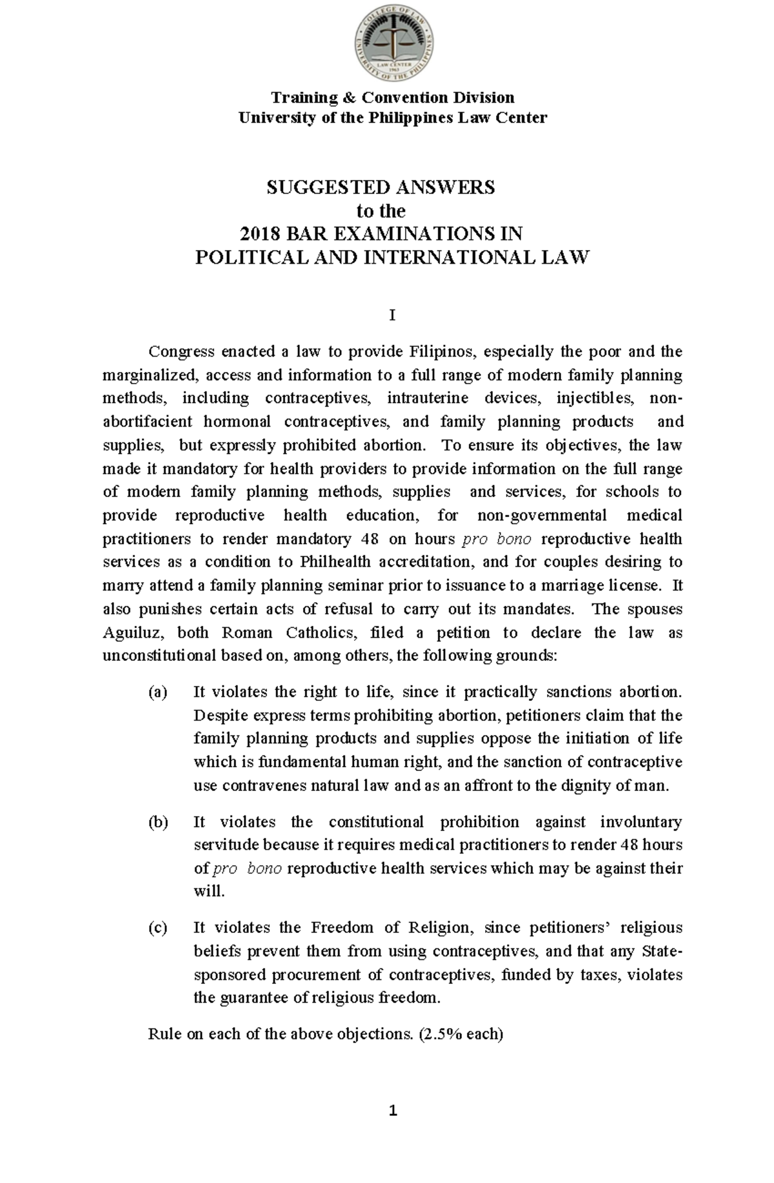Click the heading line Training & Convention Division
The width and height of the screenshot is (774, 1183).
tap(392, 97)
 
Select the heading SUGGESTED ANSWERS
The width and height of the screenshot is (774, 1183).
tap(381, 188)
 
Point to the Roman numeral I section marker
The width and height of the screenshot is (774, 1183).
tap(392, 316)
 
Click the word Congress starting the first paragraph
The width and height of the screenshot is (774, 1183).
tap(181, 352)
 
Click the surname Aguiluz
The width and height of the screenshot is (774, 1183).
tap(130, 632)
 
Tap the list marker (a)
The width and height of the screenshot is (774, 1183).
tap(157, 692)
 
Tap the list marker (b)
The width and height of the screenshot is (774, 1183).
tap(157, 822)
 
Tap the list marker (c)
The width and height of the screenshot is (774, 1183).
tap(157, 928)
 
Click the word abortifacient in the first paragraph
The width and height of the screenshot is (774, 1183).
tap(148, 422)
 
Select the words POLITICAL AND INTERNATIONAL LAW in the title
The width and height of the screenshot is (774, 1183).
tap(392, 258)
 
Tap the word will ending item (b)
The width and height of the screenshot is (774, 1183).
tap(208, 892)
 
